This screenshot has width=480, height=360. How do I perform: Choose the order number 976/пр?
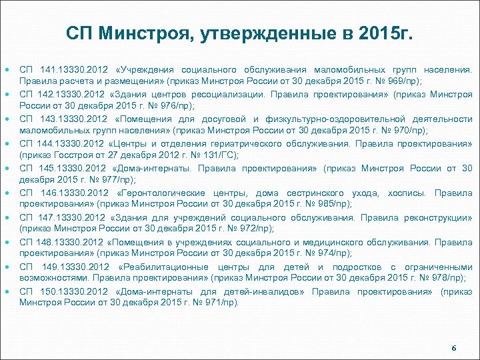pos(173,105)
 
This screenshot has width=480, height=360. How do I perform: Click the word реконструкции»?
pos(441,217)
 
